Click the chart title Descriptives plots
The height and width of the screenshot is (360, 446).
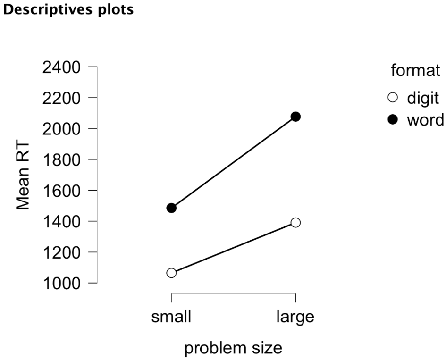[x=68, y=9]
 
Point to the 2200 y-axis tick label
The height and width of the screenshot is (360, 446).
[x=61, y=99]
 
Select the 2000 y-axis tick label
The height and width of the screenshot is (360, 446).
[x=61, y=129]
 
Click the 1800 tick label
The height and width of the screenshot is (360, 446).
[x=61, y=160]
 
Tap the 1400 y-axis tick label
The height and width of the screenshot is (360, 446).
[x=61, y=222]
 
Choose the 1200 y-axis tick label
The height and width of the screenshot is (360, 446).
[x=61, y=253]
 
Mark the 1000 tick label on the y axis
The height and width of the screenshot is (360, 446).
[x=61, y=284]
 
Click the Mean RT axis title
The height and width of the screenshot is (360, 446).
[x=23, y=176]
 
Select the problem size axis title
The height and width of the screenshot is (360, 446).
[x=233, y=348]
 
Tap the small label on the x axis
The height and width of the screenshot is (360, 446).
[x=171, y=317]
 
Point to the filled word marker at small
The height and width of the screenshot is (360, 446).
[x=171, y=208]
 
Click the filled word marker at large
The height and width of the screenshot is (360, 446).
[x=295, y=117]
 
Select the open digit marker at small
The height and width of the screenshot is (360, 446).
[x=171, y=273]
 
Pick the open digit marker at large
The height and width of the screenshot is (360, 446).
[x=295, y=222]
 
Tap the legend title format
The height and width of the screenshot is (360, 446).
[x=415, y=70]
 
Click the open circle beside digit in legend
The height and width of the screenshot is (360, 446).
[x=393, y=98]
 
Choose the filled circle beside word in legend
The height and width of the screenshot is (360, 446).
[x=393, y=120]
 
